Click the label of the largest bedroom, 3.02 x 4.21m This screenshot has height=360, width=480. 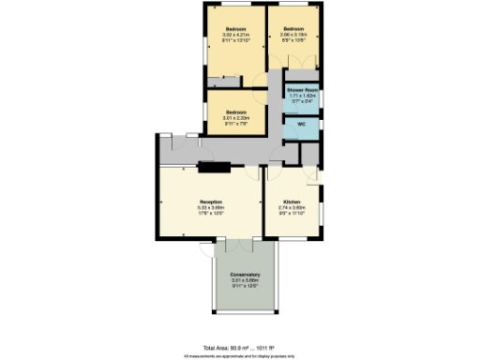click(235, 29)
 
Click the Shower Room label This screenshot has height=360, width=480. click(302, 90)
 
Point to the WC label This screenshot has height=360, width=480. click(302, 124)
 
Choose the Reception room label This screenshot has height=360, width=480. click(209, 202)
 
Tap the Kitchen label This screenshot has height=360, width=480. click(292, 202)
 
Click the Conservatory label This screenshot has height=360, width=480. click(246, 274)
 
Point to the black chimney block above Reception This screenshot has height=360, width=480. click(213, 168)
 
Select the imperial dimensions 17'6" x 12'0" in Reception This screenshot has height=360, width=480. click(209, 213)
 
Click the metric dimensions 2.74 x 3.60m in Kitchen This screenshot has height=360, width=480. click(292, 207)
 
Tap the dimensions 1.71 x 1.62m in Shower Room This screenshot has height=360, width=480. click(302, 95)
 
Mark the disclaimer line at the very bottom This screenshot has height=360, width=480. click(240, 355)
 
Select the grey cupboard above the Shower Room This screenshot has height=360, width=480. click(302, 76)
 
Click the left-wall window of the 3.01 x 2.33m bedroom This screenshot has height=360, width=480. click(206, 109)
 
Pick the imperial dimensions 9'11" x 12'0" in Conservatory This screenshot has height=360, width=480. click(246, 284)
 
